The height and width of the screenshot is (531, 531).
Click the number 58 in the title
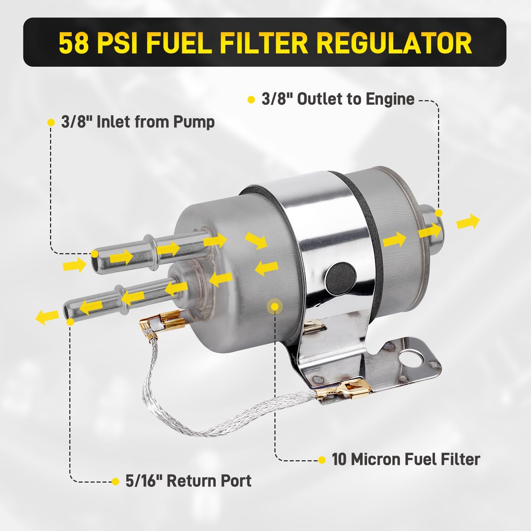74,43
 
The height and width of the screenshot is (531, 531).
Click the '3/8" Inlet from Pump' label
138,122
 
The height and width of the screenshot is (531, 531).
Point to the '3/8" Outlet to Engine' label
338,99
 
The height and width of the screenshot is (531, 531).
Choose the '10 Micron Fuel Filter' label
406,460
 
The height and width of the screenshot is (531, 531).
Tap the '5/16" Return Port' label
188,481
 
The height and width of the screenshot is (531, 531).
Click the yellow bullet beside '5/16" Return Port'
115,481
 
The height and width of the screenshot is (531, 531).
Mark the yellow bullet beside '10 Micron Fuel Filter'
322,460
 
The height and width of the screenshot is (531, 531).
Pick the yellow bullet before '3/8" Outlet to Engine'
251,100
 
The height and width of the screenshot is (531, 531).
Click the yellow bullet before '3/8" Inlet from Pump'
51,122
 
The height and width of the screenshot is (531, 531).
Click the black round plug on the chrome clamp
341,276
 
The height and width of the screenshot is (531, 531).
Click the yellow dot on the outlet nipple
439,213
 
